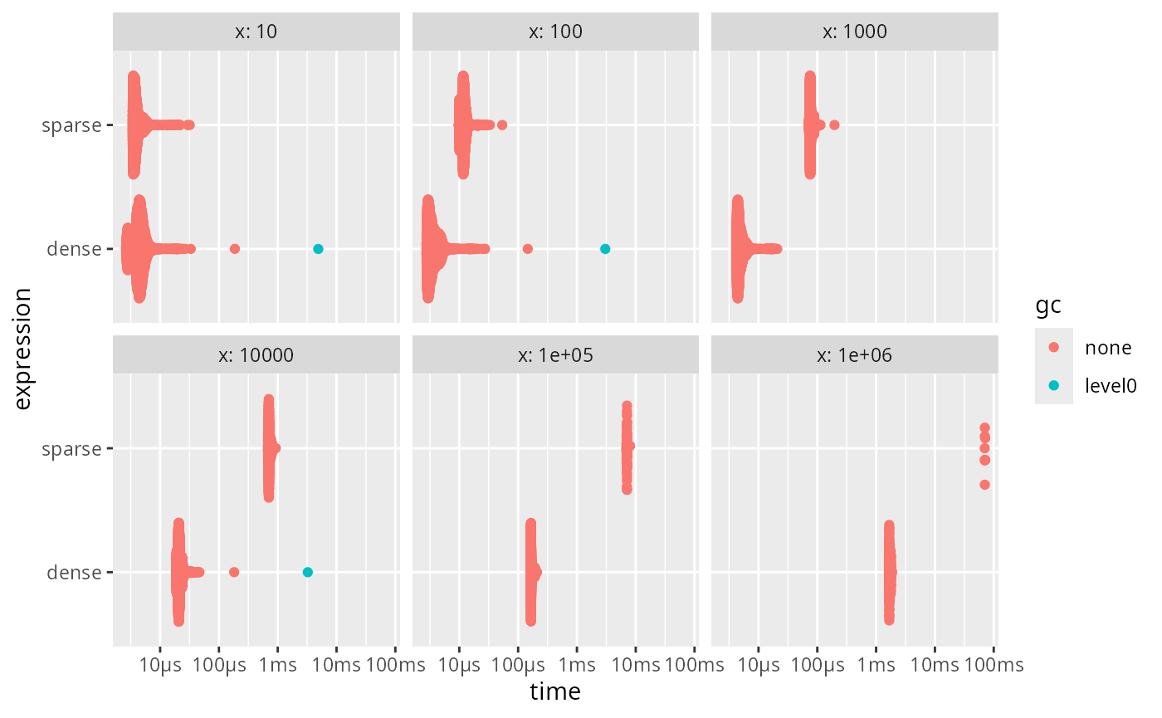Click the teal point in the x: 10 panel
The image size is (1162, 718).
[319, 249]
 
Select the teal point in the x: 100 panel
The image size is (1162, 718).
[605, 249]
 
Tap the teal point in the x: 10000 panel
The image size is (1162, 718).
[308, 572]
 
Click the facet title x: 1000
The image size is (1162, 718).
[854, 32]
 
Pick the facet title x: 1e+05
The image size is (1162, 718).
[555, 355]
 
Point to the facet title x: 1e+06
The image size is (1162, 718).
[854, 355]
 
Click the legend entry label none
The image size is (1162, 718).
[1108, 348]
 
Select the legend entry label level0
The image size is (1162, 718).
[1111, 385]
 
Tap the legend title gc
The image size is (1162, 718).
[1047, 306]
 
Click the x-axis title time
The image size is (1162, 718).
[555, 691]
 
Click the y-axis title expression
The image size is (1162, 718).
[23, 349]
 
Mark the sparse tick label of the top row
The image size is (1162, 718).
[71, 125]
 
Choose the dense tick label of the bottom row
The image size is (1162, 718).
[74, 572]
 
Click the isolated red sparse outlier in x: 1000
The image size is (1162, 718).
[834, 125]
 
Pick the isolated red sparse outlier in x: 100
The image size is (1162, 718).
[501, 125]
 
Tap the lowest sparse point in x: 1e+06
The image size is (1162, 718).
[984, 485]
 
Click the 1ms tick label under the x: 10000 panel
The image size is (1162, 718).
[277, 665]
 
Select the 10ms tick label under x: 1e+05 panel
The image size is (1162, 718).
[636, 665]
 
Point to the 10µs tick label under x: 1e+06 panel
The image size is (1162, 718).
[759, 665]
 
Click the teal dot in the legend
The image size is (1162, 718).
[1053, 385]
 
